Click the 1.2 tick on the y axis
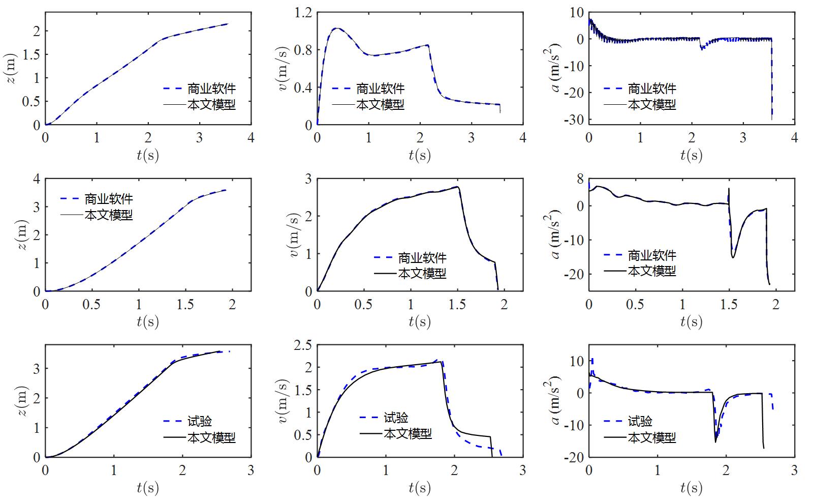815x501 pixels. (x=303, y=12)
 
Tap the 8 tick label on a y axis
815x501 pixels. (x=580, y=179)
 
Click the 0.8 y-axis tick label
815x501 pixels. (x=303, y=50)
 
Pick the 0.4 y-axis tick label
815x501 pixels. (x=303, y=87)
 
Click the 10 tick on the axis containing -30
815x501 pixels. (x=576, y=12)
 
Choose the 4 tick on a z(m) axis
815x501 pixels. (x=36, y=179)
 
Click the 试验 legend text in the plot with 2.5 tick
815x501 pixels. (x=396, y=418)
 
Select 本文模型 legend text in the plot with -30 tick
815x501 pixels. (x=652, y=104)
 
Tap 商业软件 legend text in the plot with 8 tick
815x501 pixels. (x=652, y=255)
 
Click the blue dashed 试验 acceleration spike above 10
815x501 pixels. (x=592, y=360)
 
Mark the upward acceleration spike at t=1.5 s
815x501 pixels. (x=729, y=189)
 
